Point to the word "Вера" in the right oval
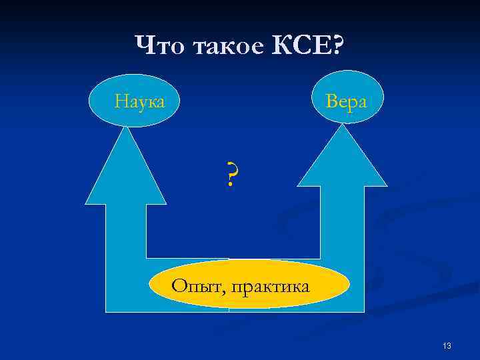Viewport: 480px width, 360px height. click(x=346, y=101)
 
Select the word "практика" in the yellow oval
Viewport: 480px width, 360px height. click(x=270, y=287)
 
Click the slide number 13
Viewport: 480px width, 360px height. click(x=447, y=345)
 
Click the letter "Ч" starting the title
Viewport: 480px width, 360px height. click(x=143, y=46)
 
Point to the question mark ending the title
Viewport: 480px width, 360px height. click(x=337, y=46)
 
